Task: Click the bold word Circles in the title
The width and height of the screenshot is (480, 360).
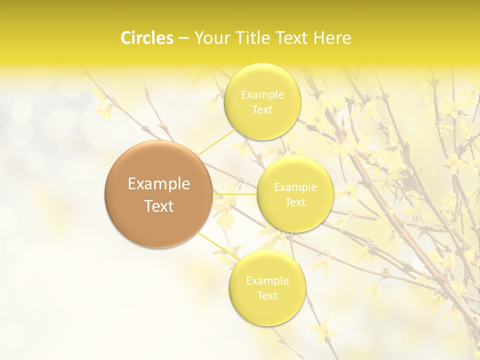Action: (147, 38)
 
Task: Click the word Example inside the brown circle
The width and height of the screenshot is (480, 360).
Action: (158, 184)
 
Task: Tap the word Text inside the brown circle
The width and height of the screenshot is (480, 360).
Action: (158, 206)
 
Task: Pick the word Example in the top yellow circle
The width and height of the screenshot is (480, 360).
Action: (262, 94)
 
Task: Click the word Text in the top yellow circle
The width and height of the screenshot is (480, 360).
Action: (262, 109)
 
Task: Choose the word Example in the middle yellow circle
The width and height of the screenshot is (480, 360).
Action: (295, 187)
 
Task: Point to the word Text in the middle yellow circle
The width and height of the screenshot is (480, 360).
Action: (295, 202)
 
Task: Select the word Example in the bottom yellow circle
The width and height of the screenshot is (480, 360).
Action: (267, 280)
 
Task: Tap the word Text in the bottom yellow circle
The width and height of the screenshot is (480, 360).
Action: (267, 295)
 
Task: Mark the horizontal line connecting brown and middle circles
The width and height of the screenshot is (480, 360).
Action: (235, 194)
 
